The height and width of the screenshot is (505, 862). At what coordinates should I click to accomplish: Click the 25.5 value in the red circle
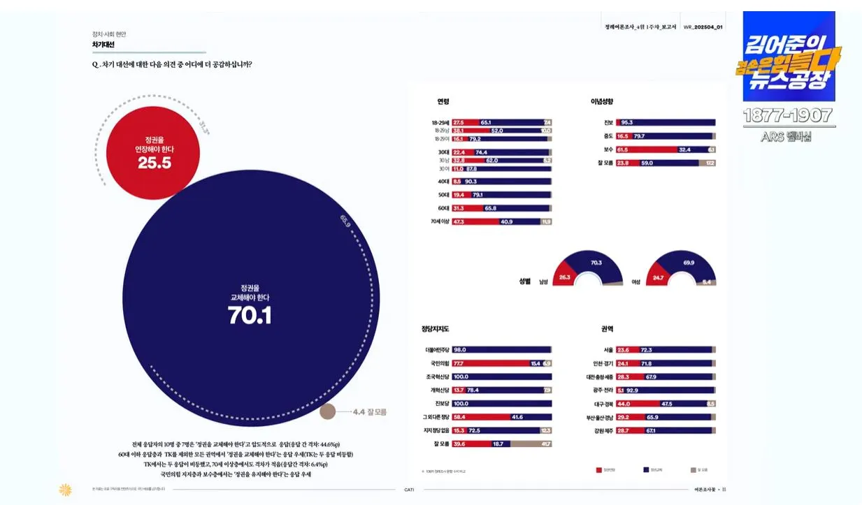155,163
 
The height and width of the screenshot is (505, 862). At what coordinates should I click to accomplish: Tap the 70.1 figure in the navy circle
250,316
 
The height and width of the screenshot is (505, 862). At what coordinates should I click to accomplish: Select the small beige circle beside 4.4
328,412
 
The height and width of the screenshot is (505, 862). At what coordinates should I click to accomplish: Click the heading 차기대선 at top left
103,44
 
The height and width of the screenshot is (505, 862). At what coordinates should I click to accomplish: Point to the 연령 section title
443,102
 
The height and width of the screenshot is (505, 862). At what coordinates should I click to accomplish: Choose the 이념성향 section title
602,102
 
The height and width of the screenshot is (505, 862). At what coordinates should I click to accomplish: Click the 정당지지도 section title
436,328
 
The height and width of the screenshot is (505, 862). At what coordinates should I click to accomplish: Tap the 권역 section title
607,328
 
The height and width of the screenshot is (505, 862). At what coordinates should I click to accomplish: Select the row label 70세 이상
440,222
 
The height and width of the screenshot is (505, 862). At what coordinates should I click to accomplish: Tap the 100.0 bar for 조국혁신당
501,376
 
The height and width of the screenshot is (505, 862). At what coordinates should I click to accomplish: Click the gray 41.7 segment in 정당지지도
537,444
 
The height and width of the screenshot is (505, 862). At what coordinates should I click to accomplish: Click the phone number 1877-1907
787,115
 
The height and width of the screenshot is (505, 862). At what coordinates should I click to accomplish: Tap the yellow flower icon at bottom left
65,490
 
